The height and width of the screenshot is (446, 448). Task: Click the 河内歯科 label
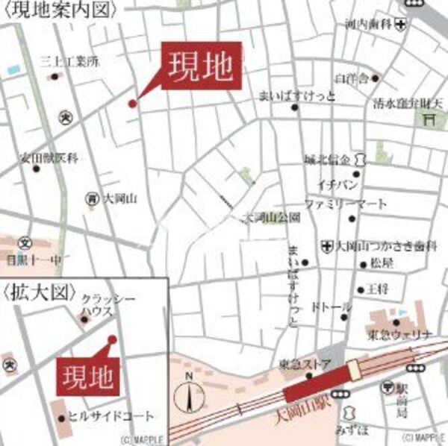tap(368, 24)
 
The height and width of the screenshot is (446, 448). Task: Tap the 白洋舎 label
tap(352, 78)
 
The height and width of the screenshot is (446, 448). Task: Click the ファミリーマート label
tap(345, 204)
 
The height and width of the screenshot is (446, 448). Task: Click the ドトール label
tap(328, 307)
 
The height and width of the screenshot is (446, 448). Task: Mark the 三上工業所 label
tap(69, 61)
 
